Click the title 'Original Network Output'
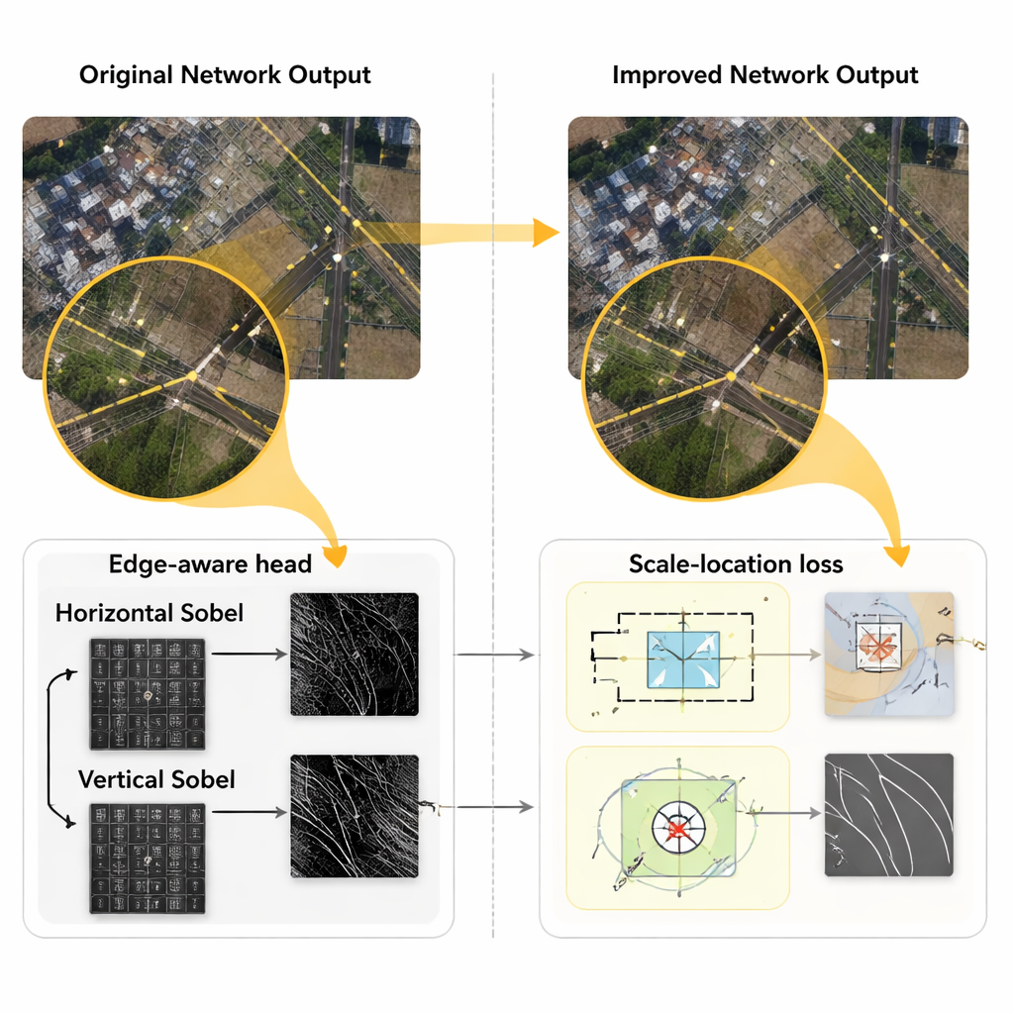click(x=225, y=75)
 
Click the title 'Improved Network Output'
click(x=765, y=75)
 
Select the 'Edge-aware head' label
click(x=210, y=564)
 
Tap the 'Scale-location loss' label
click(x=736, y=564)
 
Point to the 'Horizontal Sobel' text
click(x=150, y=613)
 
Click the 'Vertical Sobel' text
click(x=156, y=779)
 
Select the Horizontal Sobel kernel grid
click(x=149, y=693)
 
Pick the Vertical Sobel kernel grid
click(x=149, y=859)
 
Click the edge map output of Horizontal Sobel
click(x=355, y=655)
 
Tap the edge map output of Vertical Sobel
click(x=355, y=817)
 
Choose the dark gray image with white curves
click(x=889, y=815)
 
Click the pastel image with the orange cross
click(x=889, y=654)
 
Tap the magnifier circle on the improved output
click(x=705, y=380)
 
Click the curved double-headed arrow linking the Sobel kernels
click(x=50, y=748)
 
